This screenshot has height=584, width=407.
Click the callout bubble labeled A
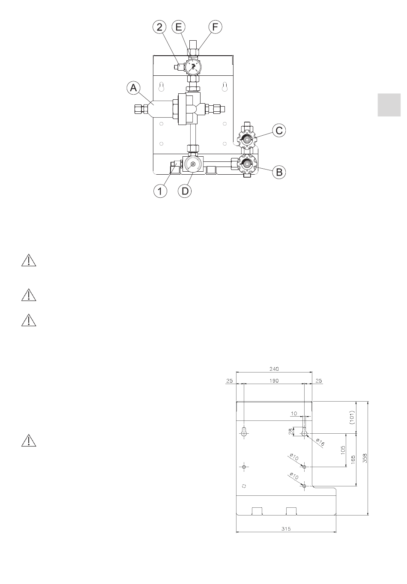coord(134,89)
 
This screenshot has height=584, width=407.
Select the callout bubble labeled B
coord(279,172)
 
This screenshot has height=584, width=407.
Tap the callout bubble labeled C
coord(279,130)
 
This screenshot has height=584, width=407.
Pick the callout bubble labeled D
coord(185,191)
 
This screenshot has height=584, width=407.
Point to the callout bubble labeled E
coord(179,27)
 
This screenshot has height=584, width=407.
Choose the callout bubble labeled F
coord(215,27)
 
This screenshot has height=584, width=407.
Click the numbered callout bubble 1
coord(160,191)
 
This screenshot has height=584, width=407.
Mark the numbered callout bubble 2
coord(160,27)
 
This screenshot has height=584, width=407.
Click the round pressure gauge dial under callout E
coord(193,67)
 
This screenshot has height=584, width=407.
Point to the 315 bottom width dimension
coord(286,529)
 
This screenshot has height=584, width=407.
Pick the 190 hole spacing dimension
coord(274,380)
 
